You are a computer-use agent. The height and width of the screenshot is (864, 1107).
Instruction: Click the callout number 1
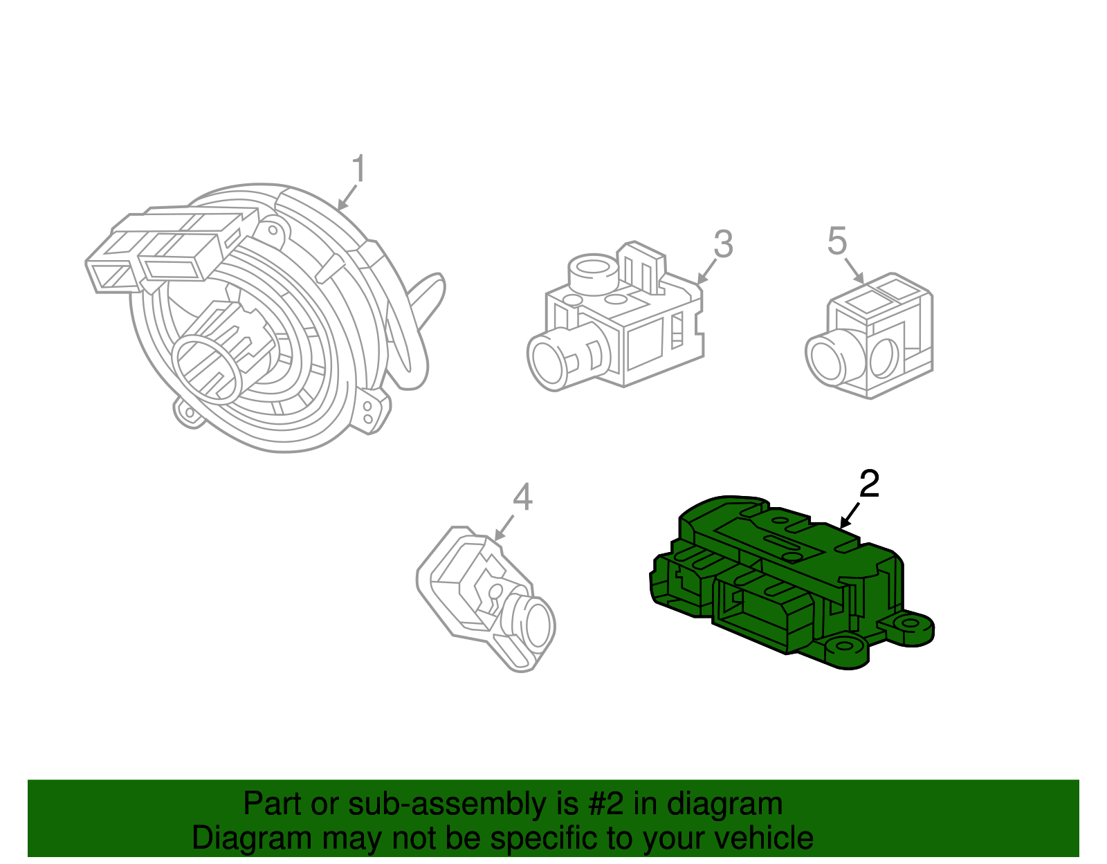tap(358, 169)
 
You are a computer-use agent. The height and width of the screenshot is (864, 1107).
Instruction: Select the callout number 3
tap(723, 244)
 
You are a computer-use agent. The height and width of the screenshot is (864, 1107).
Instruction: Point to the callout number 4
tap(522, 497)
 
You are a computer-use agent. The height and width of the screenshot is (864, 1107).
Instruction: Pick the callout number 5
tap(837, 241)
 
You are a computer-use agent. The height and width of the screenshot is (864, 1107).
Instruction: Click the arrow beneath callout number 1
tap(347, 198)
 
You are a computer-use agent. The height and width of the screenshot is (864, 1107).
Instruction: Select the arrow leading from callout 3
tap(706, 272)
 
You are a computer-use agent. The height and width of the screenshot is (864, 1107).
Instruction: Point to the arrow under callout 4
tap(503, 528)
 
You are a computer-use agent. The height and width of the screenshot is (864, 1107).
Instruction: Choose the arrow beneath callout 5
tap(854, 270)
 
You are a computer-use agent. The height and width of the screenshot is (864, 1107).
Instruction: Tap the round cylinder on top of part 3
tap(594, 274)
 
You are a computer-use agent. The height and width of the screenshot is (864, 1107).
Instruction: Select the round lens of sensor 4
tap(538, 624)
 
